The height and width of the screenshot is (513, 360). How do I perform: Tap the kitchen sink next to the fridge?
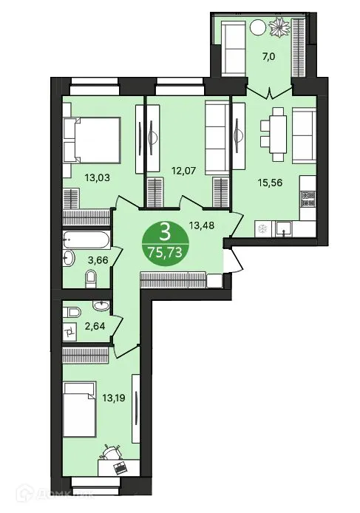point(283,229)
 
